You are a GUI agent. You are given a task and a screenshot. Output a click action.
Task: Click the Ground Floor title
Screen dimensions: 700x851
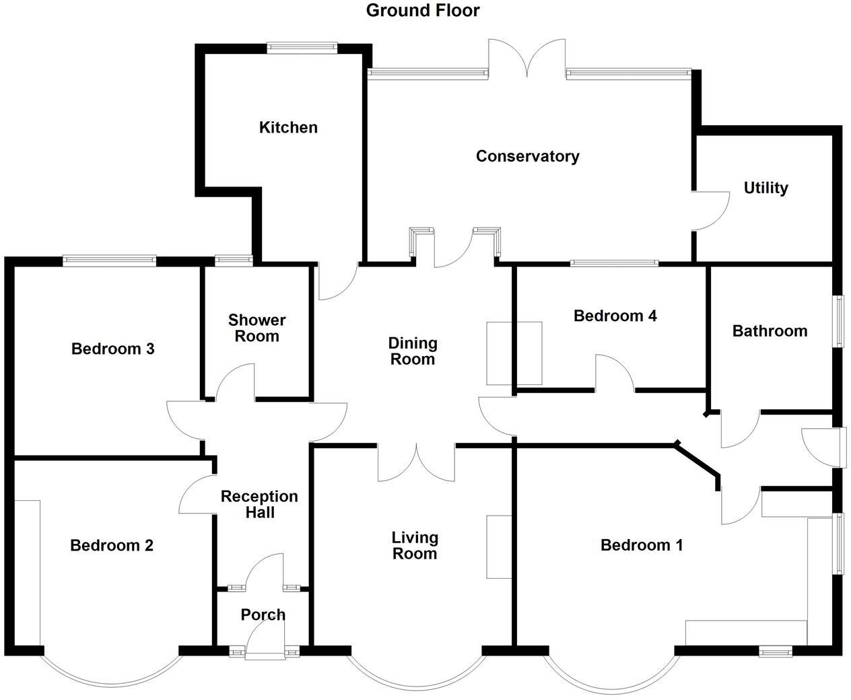point(423,11)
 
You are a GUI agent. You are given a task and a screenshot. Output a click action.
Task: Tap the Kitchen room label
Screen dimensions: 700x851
point(288,127)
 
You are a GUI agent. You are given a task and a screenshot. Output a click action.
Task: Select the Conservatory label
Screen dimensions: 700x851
point(527,156)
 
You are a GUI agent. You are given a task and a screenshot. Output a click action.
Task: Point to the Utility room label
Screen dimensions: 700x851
point(765,188)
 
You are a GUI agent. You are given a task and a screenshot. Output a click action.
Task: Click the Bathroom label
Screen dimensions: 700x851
point(770,330)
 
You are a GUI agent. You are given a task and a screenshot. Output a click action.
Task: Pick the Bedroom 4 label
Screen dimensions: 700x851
point(615,316)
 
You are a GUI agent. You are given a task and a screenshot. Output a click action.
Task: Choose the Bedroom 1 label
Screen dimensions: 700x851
point(641,545)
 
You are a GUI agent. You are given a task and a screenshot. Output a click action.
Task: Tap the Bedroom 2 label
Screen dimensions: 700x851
point(112,545)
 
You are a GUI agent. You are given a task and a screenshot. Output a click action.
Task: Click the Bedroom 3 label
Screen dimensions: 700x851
point(113,349)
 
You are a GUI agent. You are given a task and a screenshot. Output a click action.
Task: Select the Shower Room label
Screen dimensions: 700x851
point(257,328)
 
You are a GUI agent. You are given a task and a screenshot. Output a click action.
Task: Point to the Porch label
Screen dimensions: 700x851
point(263,615)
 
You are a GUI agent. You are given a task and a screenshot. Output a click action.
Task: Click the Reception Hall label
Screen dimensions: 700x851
point(259,504)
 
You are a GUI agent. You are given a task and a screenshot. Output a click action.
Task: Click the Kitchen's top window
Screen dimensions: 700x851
point(301,47)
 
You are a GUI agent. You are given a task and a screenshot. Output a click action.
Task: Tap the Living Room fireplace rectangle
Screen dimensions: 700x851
point(499,547)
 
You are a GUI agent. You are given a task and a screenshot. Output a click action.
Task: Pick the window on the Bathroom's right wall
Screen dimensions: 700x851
point(838,321)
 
